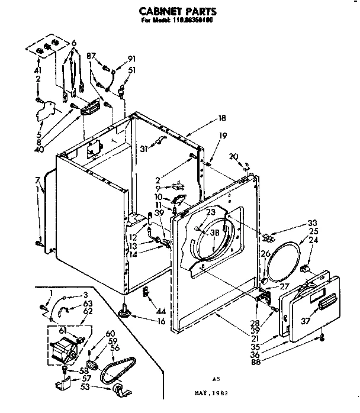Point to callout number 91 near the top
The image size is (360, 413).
tap(131, 58)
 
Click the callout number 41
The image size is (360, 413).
tap(38, 69)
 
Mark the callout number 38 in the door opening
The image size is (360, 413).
tap(214, 233)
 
